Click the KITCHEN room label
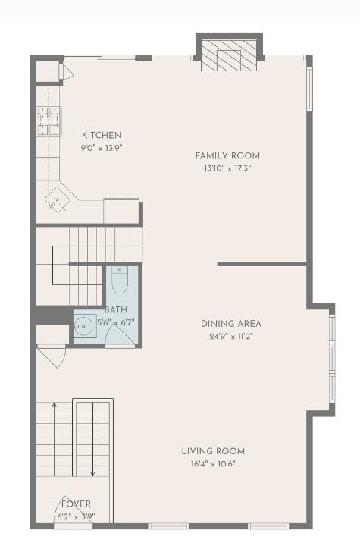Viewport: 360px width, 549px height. [102, 135]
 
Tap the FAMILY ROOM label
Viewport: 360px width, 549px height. [227, 155]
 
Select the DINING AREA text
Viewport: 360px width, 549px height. [231, 324]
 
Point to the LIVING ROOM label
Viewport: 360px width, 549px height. [213, 451]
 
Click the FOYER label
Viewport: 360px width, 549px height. [76, 504]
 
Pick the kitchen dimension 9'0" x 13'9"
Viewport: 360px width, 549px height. [102, 148]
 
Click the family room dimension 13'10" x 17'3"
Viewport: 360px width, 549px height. [227, 168]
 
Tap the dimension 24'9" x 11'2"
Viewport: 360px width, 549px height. [231, 337]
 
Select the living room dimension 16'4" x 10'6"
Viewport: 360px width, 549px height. [213, 464]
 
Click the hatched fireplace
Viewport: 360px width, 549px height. [229, 55]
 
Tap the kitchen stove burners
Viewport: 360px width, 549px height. [49, 121]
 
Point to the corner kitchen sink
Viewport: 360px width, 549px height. [57, 200]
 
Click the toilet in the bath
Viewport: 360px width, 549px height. [120, 279]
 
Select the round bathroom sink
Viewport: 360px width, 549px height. [84, 326]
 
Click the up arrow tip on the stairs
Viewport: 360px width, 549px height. [55, 403]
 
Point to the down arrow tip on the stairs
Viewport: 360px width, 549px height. [92, 475]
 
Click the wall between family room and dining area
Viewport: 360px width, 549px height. [261, 264]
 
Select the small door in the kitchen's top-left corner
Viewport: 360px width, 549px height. [66, 73]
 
